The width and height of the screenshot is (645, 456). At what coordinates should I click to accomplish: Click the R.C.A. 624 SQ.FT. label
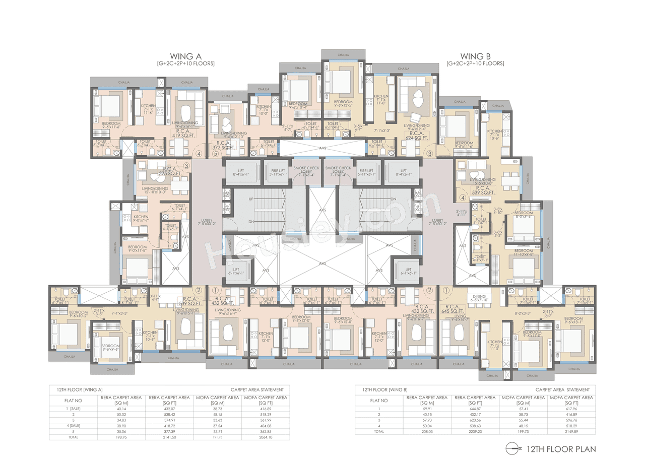click(416, 134)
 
